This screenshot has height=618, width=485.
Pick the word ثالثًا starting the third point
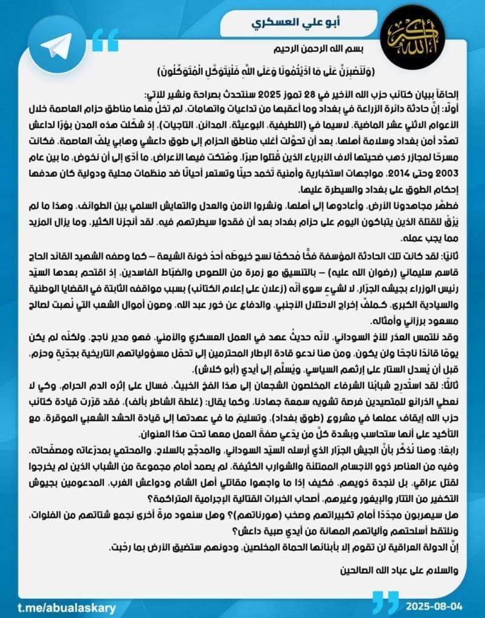tap(451, 384)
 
